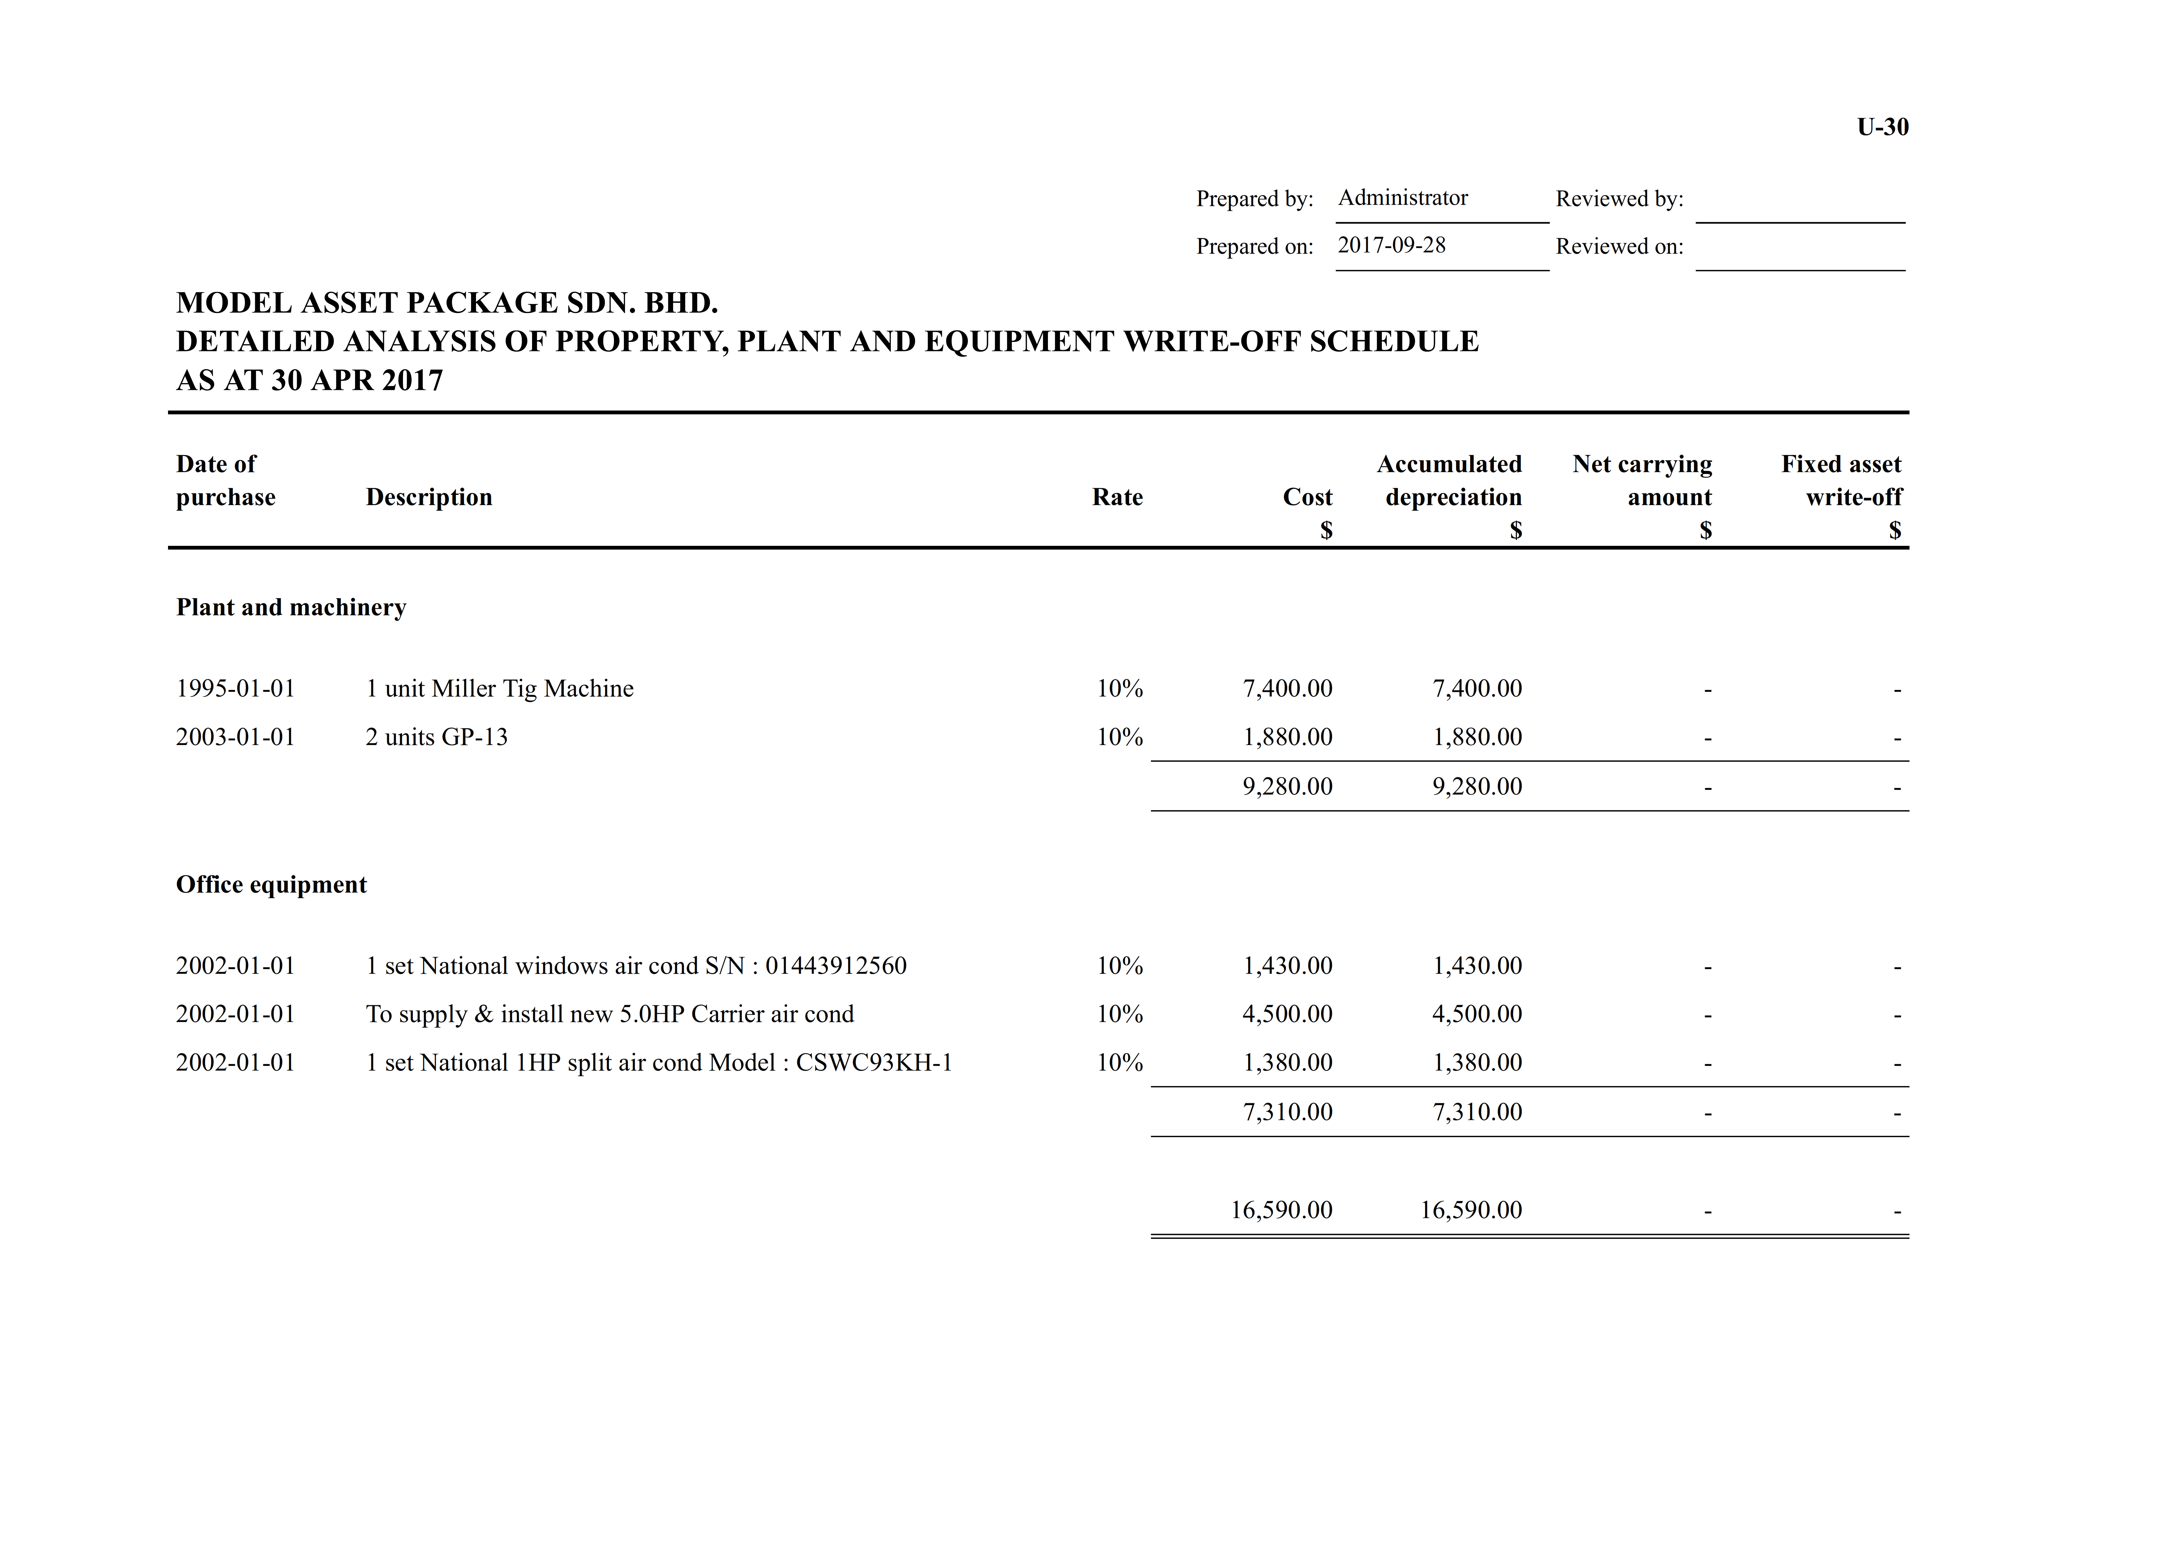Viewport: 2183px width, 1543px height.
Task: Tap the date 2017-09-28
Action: click(1391, 245)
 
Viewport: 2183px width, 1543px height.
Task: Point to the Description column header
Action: click(429, 497)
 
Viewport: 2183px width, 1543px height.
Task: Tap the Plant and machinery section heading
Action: click(291, 607)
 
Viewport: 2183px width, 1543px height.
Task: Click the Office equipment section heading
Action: click(271, 885)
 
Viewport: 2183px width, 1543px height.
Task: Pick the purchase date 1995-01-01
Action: click(236, 688)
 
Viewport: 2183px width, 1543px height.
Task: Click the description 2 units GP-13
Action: click(437, 737)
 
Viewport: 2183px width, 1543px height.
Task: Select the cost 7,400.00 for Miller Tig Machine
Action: click(1287, 688)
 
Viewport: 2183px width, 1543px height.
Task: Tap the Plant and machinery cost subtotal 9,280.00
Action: click(1287, 786)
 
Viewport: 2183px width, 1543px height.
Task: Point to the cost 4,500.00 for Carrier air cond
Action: click(1287, 1015)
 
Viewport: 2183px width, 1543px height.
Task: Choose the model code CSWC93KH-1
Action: click(874, 1063)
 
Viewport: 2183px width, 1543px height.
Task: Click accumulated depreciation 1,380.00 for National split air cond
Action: click(1477, 1063)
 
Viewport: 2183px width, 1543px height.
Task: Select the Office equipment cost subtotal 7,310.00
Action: click(1287, 1112)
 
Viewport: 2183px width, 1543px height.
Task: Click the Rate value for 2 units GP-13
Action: click(1119, 737)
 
